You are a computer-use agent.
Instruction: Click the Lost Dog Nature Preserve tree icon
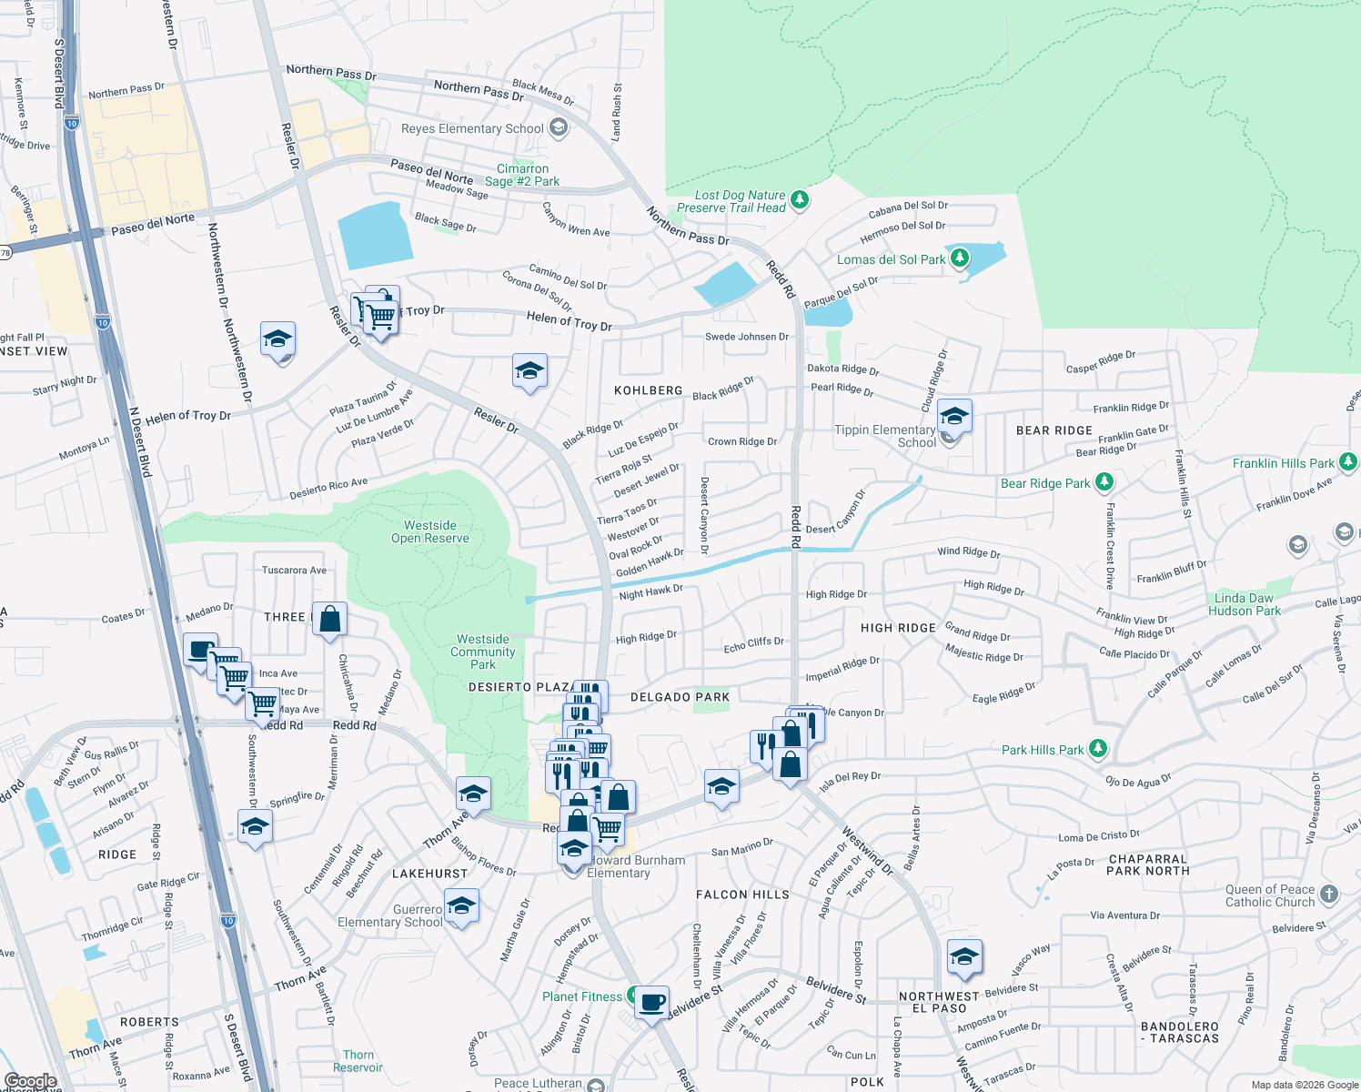pyautogui.click(x=800, y=199)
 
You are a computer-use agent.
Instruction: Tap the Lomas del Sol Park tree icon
pyautogui.click(x=960, y=258)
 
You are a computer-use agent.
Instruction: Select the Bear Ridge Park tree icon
pyautogui.click(x=1104, y=481)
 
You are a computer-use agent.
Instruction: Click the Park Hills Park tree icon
pyautogui.click(x=1098, y=749)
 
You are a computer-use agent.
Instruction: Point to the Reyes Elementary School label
pyautogui.click(x=472, y=128)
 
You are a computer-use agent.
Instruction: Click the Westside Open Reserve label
pyautogui.click(x=430, y=531)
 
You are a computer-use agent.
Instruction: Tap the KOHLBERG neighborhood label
pyautogui.click(x=648, y=390)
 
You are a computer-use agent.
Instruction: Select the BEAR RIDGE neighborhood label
pyautogui.click(x=1054, y=430)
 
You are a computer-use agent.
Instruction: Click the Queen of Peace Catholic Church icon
pyautogui.click(x=1329, y=894)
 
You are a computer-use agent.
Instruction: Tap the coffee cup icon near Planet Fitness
pyautogui.click(x=651, y=1003)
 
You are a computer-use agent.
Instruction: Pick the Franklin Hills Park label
pyautogui.click(x=1283, y=463)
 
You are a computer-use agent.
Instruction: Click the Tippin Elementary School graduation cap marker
pyautogui.click(x=953, y=417)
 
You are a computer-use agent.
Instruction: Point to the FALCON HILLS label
pyautogui.click(x=742, y=895)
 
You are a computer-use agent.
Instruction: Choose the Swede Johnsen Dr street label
pyautogui.click(x=747, y=337)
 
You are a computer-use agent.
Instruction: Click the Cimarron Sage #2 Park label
pyautogui.click(x=522, y=175)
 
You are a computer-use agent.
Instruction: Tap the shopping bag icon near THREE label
pyautogui.click(x=330, y=620)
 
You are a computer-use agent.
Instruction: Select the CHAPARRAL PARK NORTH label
pyautogui.click(x=1148, y=864)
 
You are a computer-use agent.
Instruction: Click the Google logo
pyautogui.click(x=31, y=1081)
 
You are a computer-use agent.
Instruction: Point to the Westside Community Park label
pyautogui.click(x=483, y=652)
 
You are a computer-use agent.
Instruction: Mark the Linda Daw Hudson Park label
pyautogui.click(x=1244, y=604)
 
